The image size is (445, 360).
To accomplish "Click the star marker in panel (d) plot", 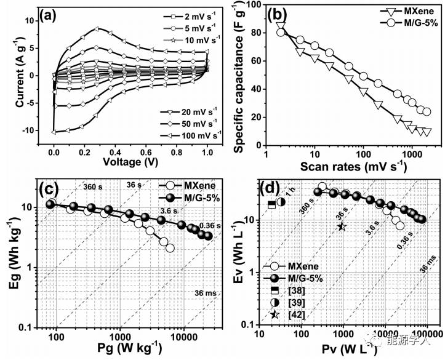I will click(342, 226).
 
